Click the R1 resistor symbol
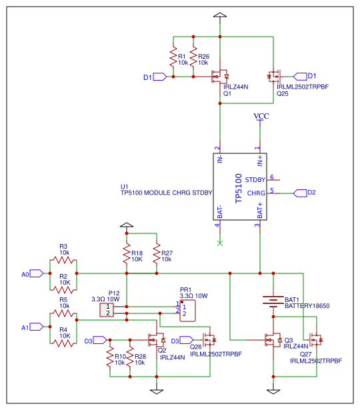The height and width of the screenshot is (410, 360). [x=173, y=57]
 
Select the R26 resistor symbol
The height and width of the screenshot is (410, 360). [x=193, y=57]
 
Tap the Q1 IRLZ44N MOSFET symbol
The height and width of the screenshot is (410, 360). [x=220, y=77]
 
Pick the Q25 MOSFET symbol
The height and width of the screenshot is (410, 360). [x=274, y=77]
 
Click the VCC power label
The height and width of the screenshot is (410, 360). [x=261, y=117]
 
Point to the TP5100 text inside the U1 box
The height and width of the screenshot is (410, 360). [x=239, y=188]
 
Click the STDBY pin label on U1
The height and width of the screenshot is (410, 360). [x=255, y=180]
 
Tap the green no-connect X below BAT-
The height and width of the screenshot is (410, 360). [x=220, y=243]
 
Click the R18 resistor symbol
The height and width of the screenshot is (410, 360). [x=127, y=253]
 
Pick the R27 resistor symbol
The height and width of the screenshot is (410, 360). [x=157, y=253]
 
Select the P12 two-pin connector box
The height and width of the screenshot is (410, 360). [x=107, y=310]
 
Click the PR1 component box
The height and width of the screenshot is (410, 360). [x=187, y=311]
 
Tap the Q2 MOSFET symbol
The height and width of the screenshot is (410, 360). [x=157, y=340]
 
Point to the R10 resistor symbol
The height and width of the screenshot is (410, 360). [x=110, y=357]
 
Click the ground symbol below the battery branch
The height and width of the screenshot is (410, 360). [x=273, y=391]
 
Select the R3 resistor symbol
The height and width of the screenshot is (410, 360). [x=63, y=260]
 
